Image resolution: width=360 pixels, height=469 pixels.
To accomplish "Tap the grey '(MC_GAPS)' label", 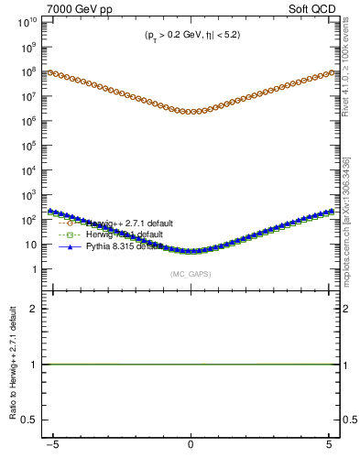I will tap(191, 274).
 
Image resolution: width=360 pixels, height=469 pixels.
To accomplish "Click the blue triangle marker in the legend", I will tap(70, 246).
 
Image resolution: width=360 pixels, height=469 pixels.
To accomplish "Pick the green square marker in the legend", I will tap(70, 234).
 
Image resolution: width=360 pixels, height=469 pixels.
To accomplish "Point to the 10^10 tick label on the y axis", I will tap(30, 20).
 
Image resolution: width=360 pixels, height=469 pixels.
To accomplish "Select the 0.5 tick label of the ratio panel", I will tap(33, 420).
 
